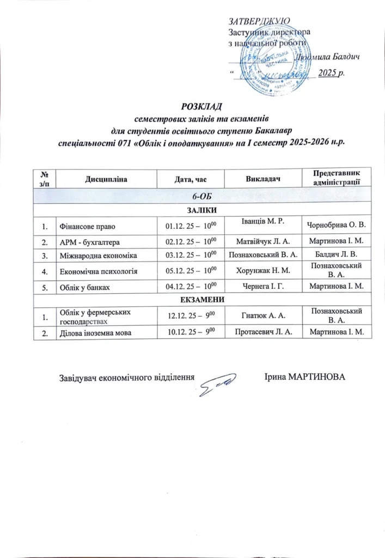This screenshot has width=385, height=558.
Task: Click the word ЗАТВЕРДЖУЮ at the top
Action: coord(258,21)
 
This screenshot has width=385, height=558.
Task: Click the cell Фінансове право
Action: coord(87,225)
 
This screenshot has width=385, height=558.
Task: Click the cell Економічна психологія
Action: coord(97,270)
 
